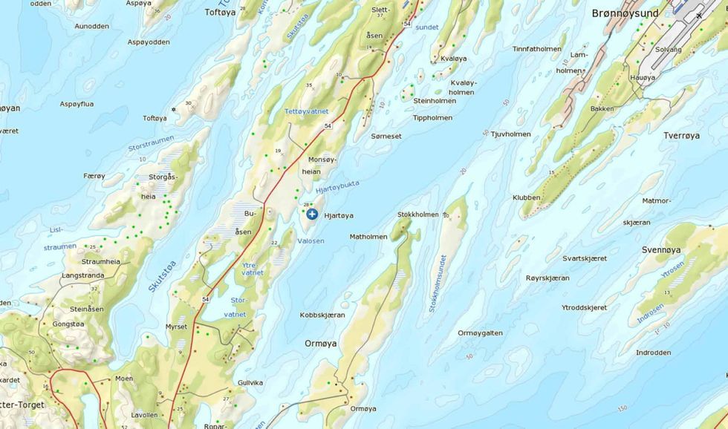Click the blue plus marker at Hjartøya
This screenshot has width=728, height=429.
coord(312,214)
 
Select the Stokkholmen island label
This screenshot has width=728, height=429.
coord(418,214)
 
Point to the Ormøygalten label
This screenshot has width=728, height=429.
coord(481,333)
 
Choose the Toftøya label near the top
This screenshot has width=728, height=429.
coord(220,12)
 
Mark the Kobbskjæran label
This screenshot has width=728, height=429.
coord(322,315)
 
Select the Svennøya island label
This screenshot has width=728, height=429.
coord(662,250)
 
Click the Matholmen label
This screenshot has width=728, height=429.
coord(368,238)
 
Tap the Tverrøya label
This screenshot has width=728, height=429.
coord(681,136)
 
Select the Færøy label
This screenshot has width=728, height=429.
coord(94,176)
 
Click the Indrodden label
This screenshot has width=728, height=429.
coord(653,353)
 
